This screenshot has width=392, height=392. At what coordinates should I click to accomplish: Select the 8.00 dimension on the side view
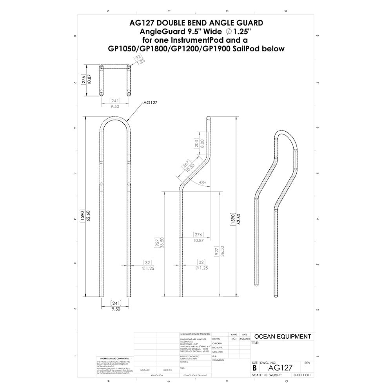(x=202, y=143)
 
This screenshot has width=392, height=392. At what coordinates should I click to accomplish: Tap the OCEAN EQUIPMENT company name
(x=283, y=336)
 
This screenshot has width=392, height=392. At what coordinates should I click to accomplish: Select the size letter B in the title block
(x=255, y=368)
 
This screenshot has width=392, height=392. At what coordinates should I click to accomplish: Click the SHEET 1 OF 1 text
(x=302, y=375)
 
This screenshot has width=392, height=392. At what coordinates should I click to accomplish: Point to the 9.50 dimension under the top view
(x=115, y=106)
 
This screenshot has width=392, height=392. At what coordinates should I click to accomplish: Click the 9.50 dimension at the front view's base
(x=115, y=309)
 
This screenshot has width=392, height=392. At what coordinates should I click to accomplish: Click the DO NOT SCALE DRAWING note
(x=195, y=375)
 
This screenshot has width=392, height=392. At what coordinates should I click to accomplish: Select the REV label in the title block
(x=307, y=363)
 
